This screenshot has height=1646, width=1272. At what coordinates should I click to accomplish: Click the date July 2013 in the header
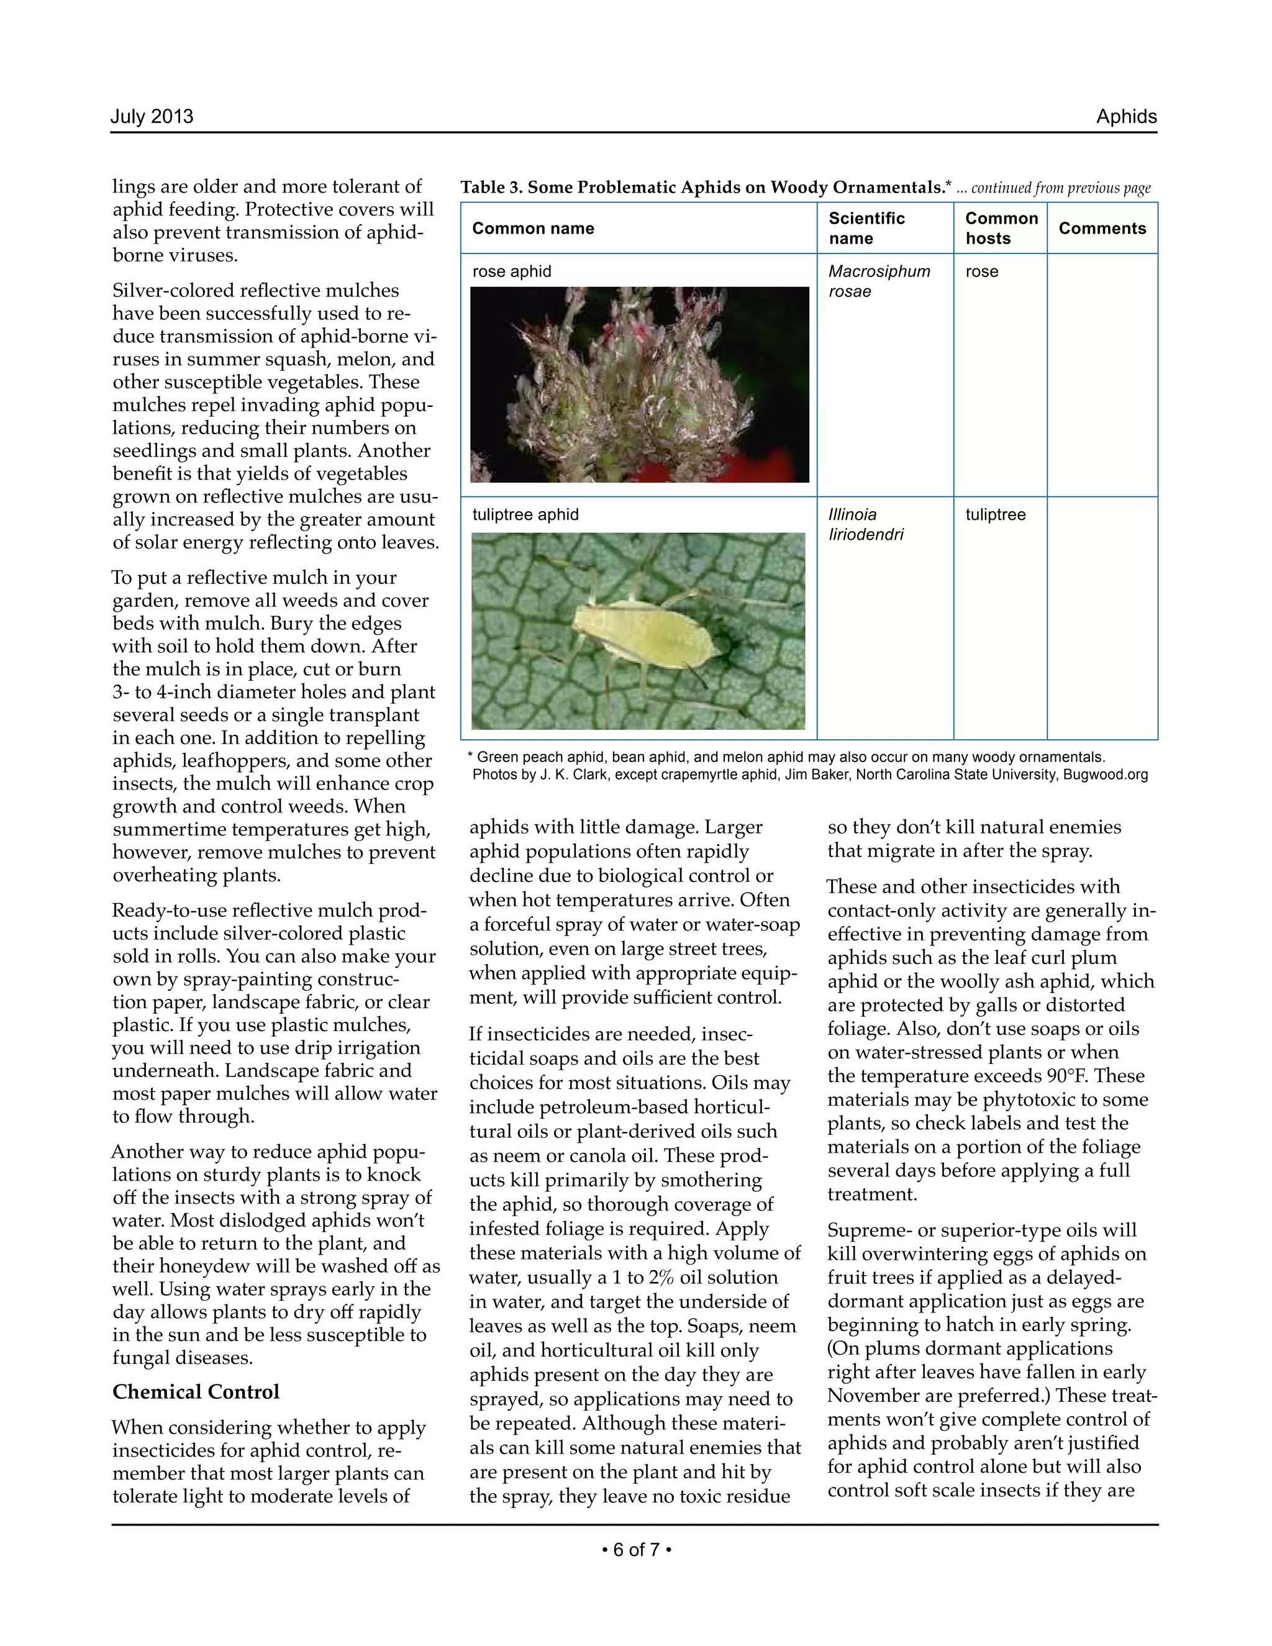pyautogui.click(x=152, y=117)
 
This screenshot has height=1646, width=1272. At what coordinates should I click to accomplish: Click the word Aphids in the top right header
pyautogui.click(x=1126, y=117)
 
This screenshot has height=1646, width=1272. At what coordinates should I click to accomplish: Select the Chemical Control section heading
pyautogui.click(x=196, y=1391)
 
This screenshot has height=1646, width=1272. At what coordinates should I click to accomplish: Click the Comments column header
pyautogui.click(x=1102, y=229)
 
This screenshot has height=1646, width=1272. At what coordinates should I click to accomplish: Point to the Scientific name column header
pyautogui.click(x=866, y=229)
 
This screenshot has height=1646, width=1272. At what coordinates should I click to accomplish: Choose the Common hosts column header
pyautogui.click(x=1001, y=229)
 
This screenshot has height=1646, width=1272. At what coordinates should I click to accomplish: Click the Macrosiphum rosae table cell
pyautogui.click(x=879, y=281)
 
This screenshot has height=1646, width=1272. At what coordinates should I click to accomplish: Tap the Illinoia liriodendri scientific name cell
pyautogui.click(x=865, y=525)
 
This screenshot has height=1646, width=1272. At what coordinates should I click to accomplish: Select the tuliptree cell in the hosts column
pyautogui.click(x=995, y=515)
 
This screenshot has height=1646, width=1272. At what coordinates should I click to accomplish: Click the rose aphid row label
pyautogui.click(x=512, y=271)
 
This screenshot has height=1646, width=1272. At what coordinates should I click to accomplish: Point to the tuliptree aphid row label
pyautogui.click(x=525, y=515)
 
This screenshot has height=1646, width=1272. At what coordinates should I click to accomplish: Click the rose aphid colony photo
pyautogui.click(x=639, y=384)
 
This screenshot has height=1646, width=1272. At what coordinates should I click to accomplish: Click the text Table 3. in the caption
pyautogui.click(x=491, y=188)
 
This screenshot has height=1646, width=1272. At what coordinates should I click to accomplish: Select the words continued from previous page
pyautogui.click(x=1060, y=188)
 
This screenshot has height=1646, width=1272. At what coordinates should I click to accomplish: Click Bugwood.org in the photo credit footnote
pyautogui.click(x=1105, y=775)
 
